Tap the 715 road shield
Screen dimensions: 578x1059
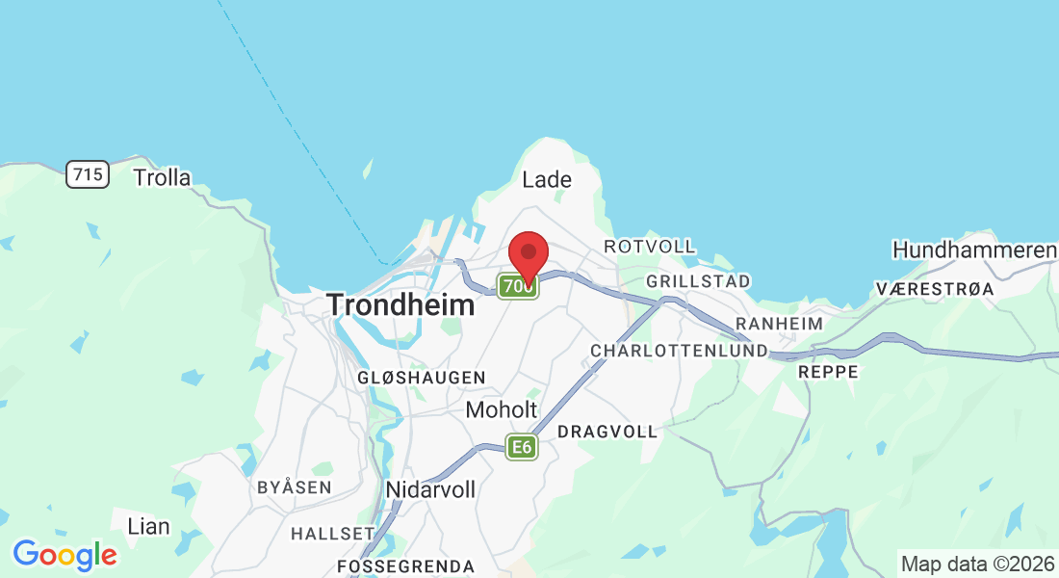(x=88, y=174)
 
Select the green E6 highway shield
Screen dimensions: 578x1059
(x=522, y=446)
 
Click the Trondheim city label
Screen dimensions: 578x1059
(x=400, y=305)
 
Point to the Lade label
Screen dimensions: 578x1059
(x=547, y=179)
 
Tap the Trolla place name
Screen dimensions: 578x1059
(x=162, y=177)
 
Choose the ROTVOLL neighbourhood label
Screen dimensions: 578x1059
(x=650, y=247)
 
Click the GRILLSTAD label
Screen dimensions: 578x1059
(x=698, y=281)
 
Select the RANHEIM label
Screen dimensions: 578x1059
(x=779, y=324)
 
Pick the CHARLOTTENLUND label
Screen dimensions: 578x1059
(x=679, y=351)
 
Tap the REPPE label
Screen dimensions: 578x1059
(x=828, y=371)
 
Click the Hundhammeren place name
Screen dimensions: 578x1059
(x=974, y=250)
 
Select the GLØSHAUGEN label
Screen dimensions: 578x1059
(x=422, y=378)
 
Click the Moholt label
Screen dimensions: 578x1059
(x=501, y=409)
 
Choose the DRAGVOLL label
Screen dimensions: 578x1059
(x=607, y=432)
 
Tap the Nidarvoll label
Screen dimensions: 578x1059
(x=430, y=489)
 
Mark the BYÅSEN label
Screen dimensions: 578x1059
(x=294, y=487)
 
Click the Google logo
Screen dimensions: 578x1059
(x=65, y=554)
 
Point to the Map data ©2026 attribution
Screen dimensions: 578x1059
(x=976, y=564)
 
